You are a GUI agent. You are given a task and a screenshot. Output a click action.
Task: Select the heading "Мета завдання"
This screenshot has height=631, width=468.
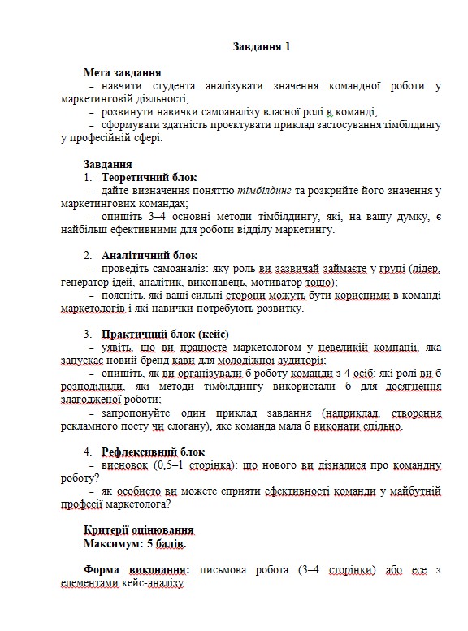121,72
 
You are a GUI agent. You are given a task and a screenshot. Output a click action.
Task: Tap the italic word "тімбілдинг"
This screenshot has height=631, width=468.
265,191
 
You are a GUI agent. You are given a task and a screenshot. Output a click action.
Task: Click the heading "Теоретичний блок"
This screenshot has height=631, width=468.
149,177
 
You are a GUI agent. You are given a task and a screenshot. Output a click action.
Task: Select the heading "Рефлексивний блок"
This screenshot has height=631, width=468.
153,452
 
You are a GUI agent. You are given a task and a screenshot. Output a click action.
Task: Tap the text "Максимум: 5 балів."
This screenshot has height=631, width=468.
140,542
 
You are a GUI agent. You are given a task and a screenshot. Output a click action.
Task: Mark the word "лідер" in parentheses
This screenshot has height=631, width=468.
425,269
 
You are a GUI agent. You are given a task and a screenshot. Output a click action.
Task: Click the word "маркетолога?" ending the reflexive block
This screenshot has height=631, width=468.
136,504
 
